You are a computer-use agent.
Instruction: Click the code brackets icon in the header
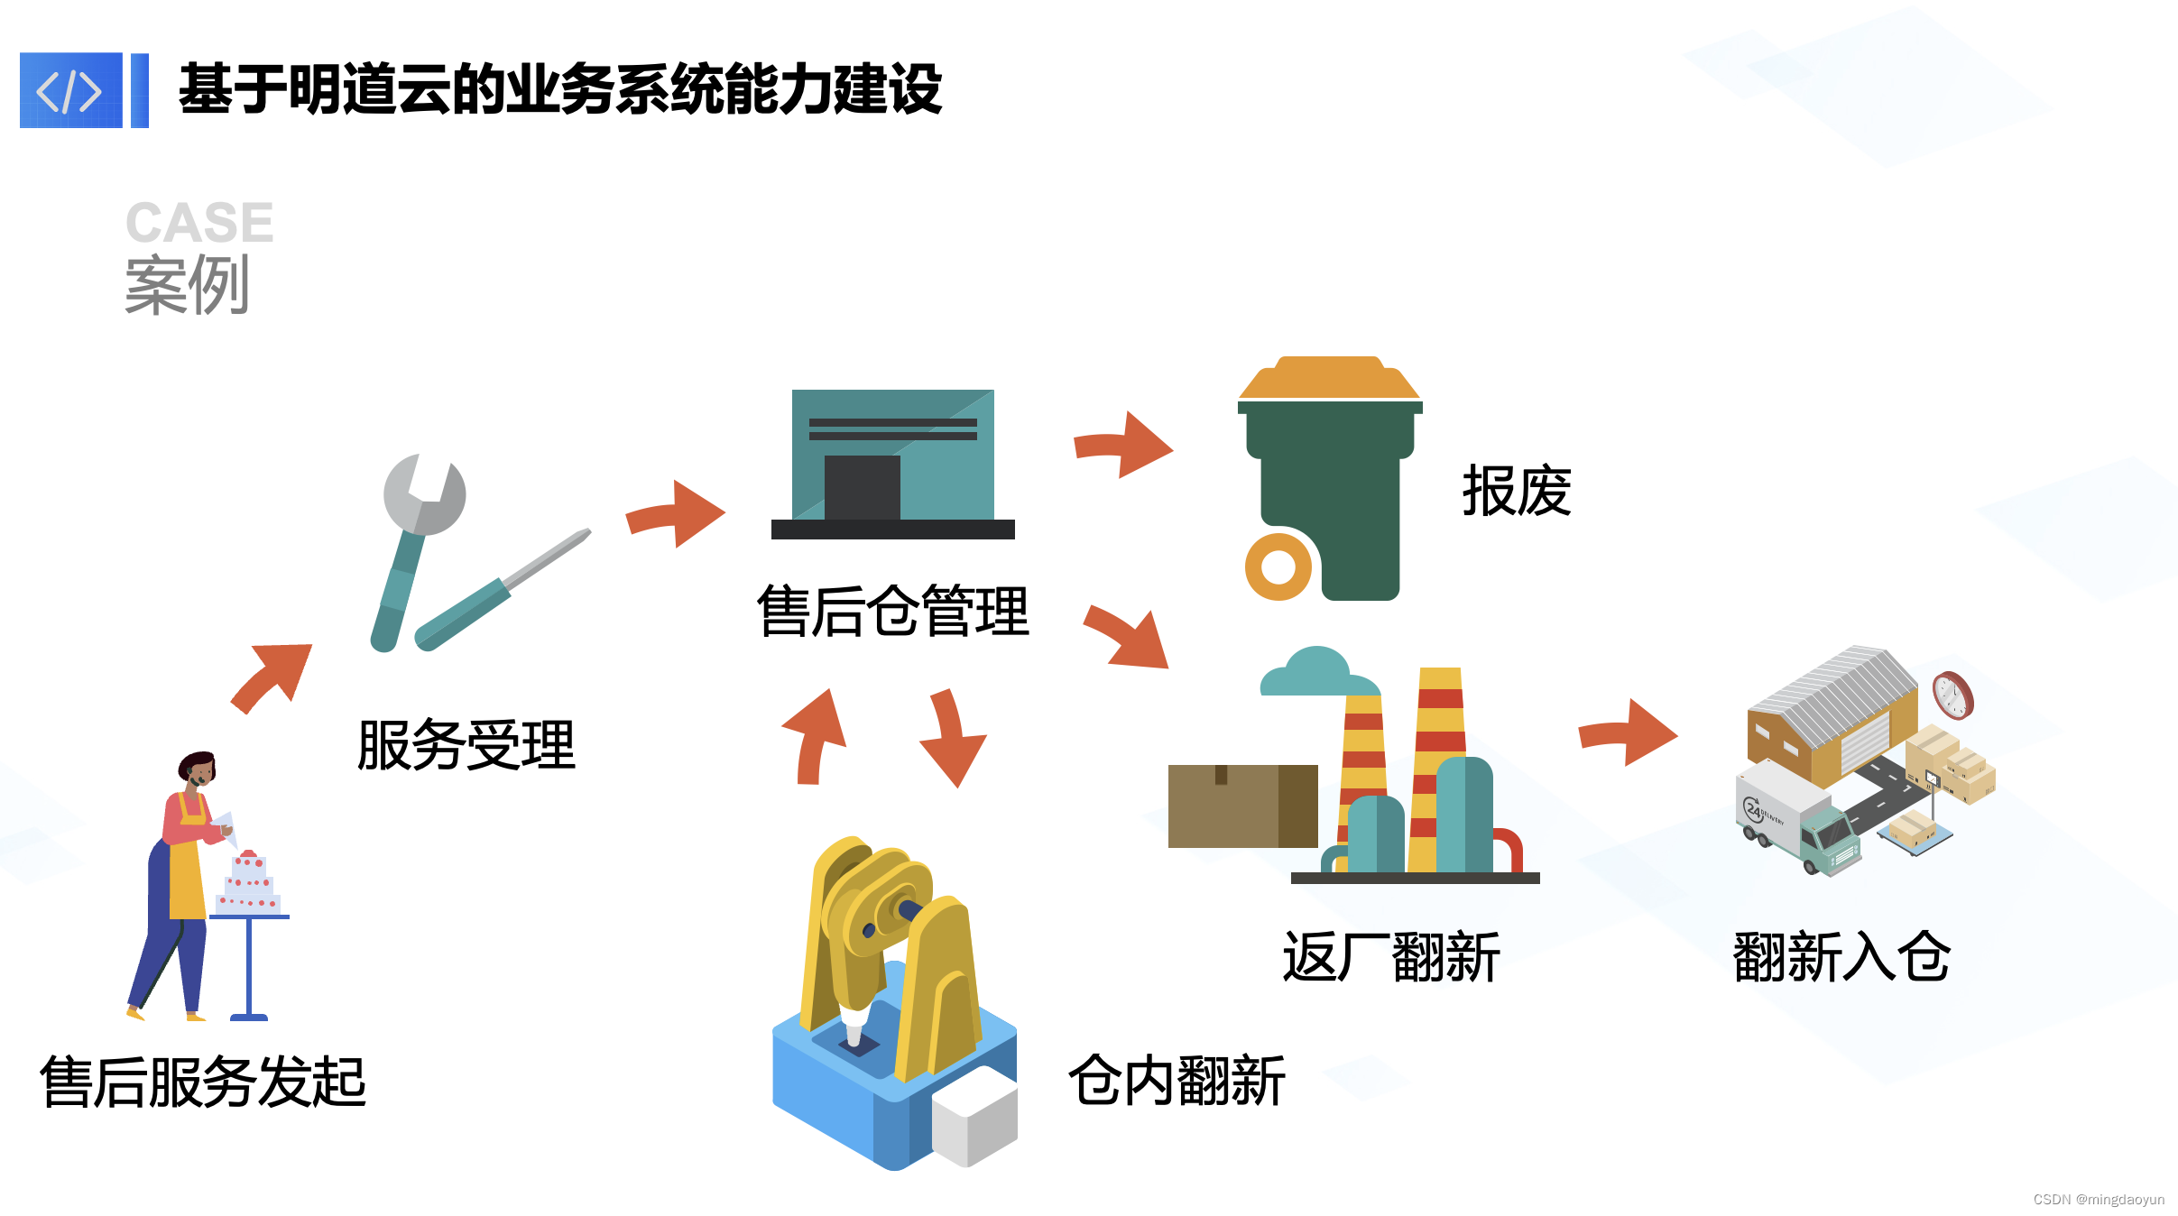pyautogui.click(x=70, y=90)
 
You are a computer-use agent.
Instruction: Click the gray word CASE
pyautogui.click(x=199, y=223)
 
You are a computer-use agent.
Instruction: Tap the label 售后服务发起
pyautogui.click(x=203, y=1082)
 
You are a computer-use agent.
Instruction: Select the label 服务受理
pyautogui.click(x=466, y=745)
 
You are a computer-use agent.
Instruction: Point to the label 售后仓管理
pyautogui.click(x=892, y=612)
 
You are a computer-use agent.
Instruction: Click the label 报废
pyautogui.click(x=1516, y=492)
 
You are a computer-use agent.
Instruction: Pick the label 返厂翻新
pyautogui.click(x=1390, y=957)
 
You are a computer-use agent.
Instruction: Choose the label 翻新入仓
pyautogui.click(x=1841, y=957)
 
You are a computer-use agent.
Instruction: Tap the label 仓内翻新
pyautogui.click(x=1177, y=1081)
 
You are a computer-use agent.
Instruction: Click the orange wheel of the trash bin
pyautogui.click(x=1278, y=567)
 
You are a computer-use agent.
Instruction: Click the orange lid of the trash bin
pyautogui.click(x=1329, y=379)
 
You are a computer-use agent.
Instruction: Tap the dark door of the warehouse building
pyautogui.click(x=862, y=487)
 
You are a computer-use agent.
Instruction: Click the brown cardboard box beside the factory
pyautogui.click(x=1241, y=806)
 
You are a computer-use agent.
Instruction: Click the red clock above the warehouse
pyautogui.click(x=1952, y=696)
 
